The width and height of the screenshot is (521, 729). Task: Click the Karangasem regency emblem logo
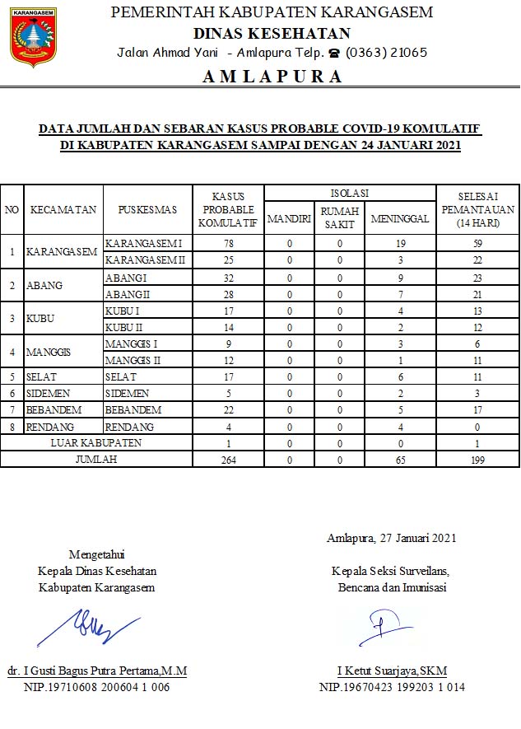point(33,38)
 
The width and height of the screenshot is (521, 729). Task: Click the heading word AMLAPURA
point(272,77)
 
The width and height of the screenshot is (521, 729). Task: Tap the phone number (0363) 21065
point(386,52)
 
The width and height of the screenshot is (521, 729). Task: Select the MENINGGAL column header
point(400,218)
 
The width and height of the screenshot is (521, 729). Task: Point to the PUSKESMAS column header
point(147,210)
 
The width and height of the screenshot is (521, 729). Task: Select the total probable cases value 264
point(229,460)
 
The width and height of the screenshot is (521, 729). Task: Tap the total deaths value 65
point(400,460)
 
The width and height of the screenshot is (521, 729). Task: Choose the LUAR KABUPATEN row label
point(96,443)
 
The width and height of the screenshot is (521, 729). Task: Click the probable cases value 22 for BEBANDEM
point(229,409)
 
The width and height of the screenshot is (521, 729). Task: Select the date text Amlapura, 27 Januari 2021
point(391,538)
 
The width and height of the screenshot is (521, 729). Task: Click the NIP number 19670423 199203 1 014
point(391,687)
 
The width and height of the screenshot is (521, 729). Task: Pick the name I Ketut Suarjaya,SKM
point(391,671)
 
